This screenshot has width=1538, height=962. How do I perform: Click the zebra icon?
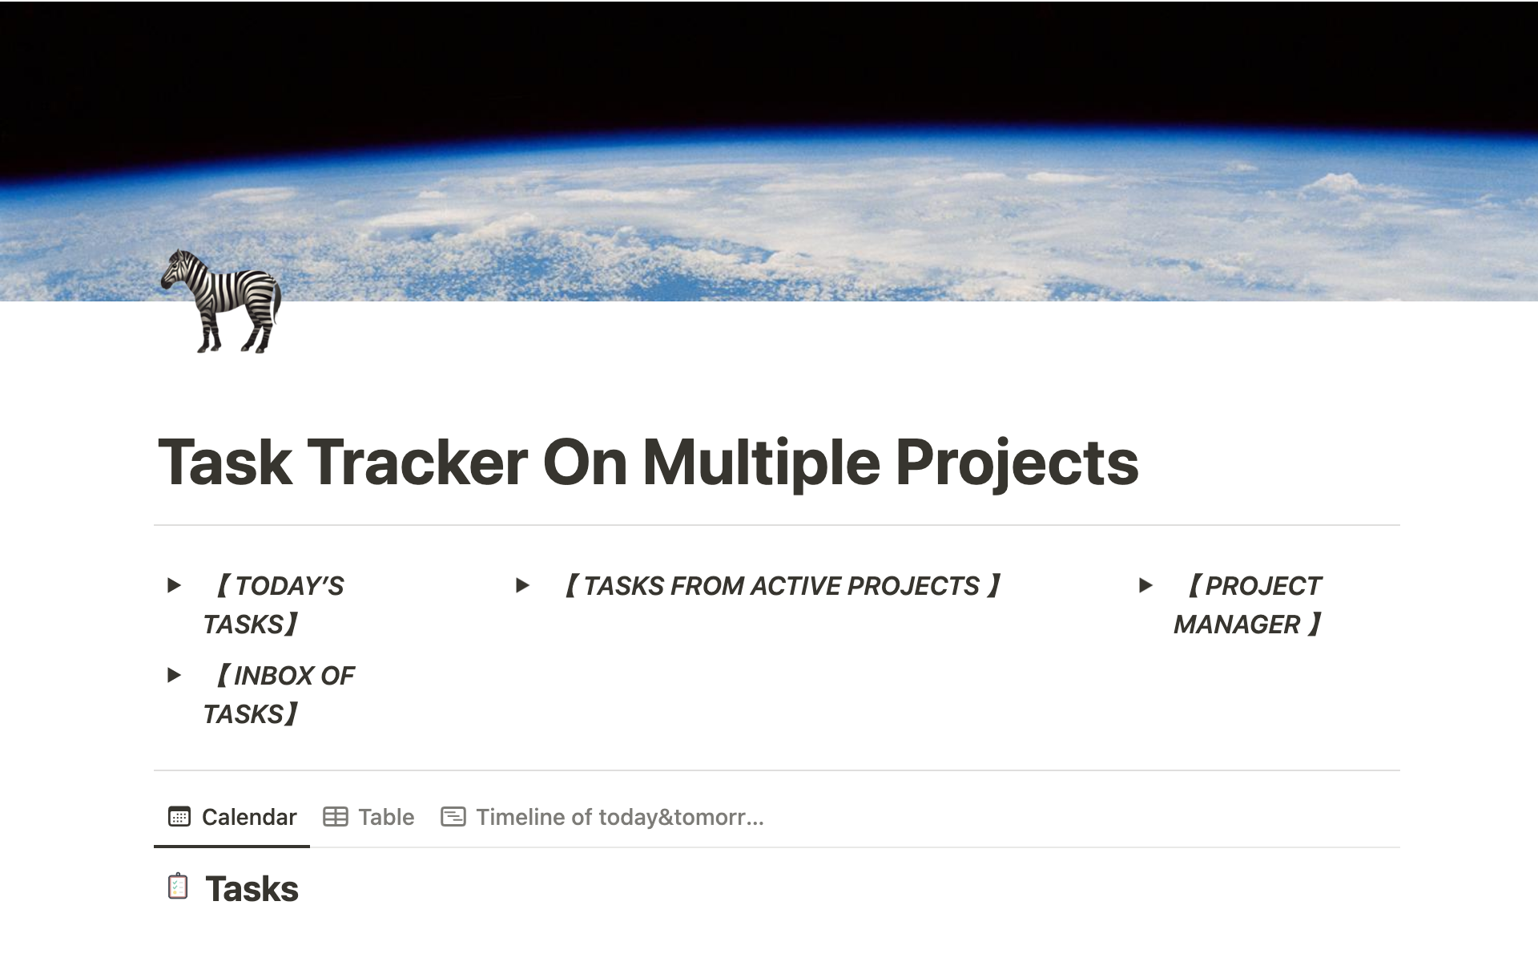click(x=221, y=301)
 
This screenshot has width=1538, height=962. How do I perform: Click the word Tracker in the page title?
click(x=417, y=463)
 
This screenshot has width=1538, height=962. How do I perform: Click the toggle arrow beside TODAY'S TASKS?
click(x=174, y=585)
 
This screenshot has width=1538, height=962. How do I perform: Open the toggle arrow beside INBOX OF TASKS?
click(x=174, y=675)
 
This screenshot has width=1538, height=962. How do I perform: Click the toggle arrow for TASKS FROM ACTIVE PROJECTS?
click(x=522, y=585)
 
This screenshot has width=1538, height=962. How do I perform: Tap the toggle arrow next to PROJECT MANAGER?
click(x=1145, y=585)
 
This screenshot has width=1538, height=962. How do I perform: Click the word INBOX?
click(x=269, y=676)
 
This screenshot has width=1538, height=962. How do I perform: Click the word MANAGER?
click(x=1237, y=624)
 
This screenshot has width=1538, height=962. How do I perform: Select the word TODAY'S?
click(x=290, y=586)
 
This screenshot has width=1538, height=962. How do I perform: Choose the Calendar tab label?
click(x=249, y=817)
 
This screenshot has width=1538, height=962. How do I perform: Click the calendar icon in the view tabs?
click(x=179, y=817)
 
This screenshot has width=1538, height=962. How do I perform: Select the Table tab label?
click(x=386, y=817)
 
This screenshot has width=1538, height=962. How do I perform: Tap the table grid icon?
click(x=336, y=817)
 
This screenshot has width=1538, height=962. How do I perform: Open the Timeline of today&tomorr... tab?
click(x=620, y=817)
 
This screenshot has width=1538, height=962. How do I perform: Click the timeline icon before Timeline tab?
click(x=453, y=817)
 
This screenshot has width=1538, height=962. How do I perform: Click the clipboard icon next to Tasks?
click(x=178, y=887)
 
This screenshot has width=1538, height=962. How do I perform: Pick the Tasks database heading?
click(x=252, y=889)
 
